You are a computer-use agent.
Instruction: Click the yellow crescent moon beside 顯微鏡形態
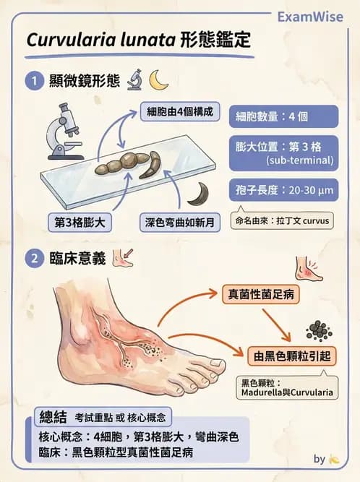(x=159, y=79)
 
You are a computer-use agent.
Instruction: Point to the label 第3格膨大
(x=80, y=222)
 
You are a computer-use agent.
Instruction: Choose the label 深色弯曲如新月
(x=177, y=222)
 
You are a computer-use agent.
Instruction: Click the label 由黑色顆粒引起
(x=283, y=353)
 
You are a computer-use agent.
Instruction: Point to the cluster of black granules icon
(x=318, y=330)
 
